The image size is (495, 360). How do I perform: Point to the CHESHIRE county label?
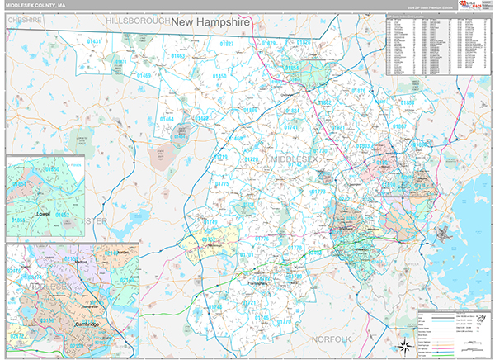point(25,17)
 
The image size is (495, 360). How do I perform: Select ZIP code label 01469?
point(144,76)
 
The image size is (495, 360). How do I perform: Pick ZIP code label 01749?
point(211,223)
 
